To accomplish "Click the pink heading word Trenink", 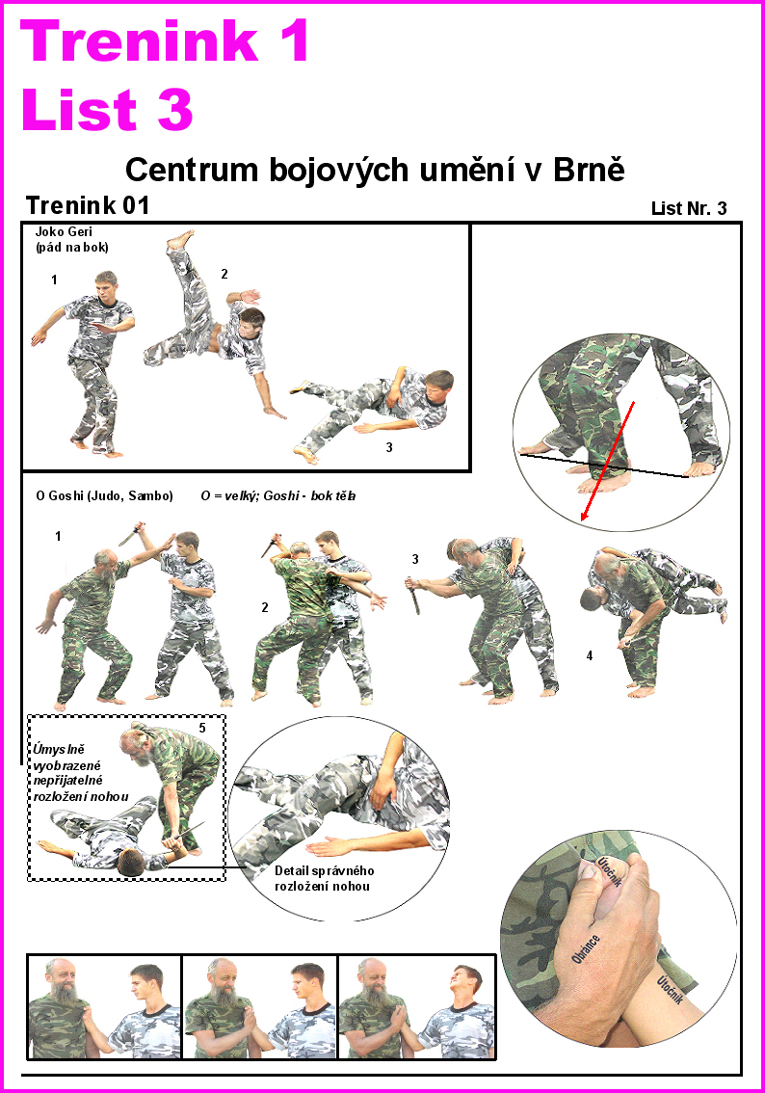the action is click(140, 40).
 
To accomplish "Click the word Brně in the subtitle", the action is click(589, 169).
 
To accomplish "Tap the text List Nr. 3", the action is click(689, 208).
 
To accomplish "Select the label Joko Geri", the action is click(64, 231).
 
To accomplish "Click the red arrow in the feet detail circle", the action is click(608, 462).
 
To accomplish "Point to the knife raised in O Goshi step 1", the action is click(132, 533).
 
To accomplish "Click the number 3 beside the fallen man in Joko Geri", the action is click(389, 447).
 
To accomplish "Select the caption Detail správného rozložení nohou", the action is click(324, 878).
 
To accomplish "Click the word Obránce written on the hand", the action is click(585, 949).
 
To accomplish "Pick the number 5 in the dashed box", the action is click(202, 728).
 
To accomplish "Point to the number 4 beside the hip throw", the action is click(590, 655).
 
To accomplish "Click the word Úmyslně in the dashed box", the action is click(59, 749).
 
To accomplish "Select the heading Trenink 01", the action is click(88, 205).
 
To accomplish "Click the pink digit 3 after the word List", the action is click(175, 110).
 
